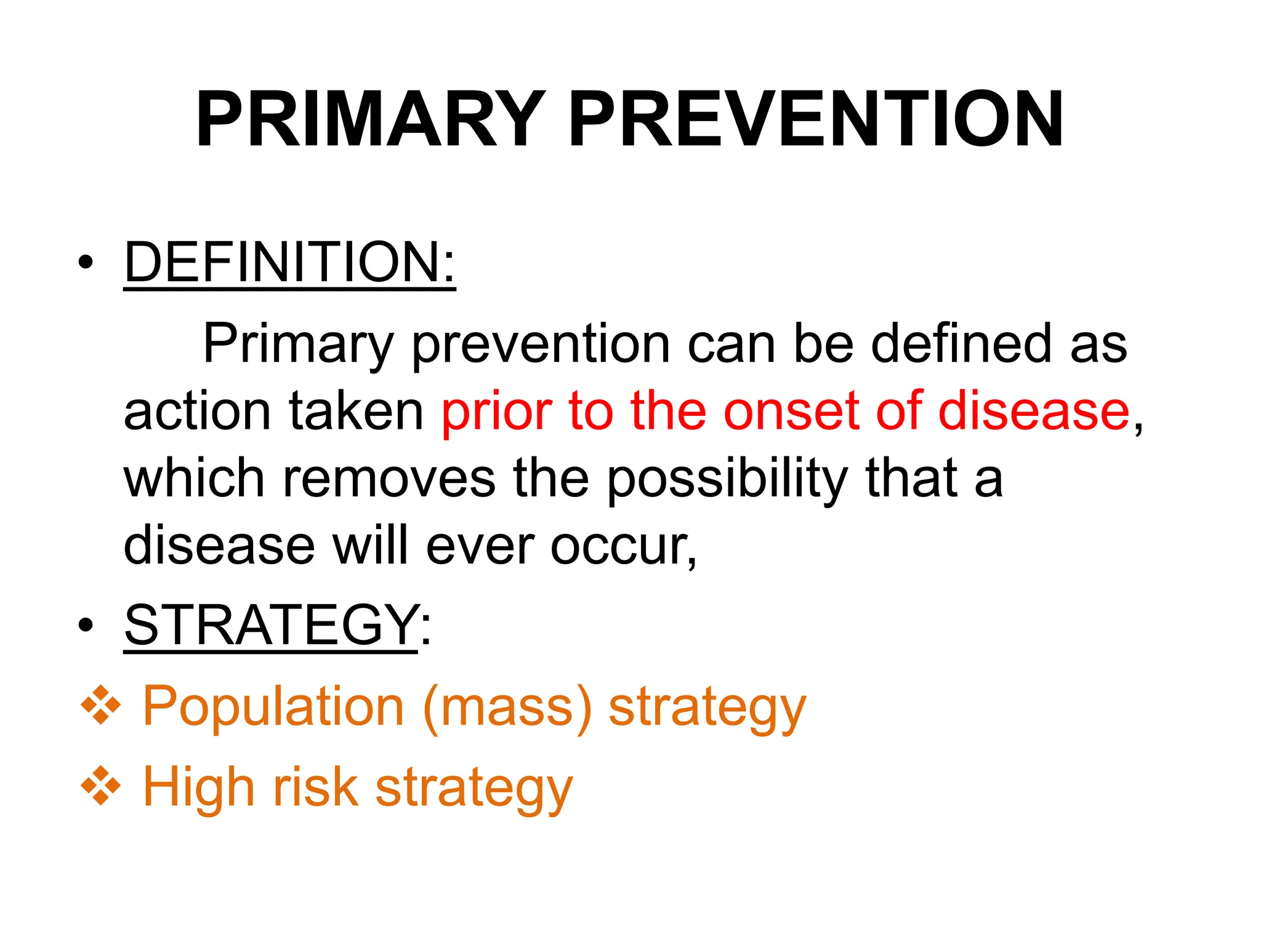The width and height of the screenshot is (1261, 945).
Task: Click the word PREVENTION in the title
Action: click(816, 120)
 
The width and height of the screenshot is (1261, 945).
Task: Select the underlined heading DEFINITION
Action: click(289, 263)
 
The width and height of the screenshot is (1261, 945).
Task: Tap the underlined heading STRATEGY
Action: click(272, 626)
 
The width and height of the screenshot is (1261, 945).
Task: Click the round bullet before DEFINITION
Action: click(86, 263)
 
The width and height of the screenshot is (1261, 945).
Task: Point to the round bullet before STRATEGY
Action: click(86, 626)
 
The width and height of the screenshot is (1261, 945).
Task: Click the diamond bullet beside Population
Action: click(101, 706)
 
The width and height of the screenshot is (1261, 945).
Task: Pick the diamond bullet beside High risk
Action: click(101, 787)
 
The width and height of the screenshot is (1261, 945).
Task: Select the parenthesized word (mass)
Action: click(508, 708)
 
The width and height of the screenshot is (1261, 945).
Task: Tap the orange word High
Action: click(198, 787)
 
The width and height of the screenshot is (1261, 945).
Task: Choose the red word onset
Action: click(791, 411)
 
